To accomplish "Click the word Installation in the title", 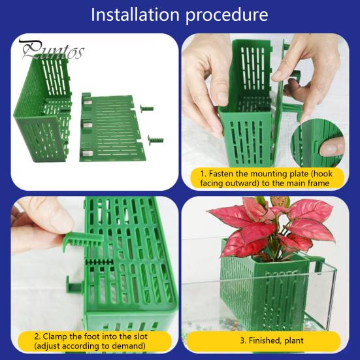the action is tap(135, 14).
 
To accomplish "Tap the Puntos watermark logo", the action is tap(52, 50).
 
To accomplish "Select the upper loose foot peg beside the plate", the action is tap(147, 108).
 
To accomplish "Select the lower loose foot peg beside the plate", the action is tap(155, 139).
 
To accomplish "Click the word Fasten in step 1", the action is tap(221, 174).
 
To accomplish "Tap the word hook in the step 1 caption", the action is tap(323, 174).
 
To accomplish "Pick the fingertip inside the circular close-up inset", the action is tap(330, 146).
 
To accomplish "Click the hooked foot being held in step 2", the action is tap(83, 240).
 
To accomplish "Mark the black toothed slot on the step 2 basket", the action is tap(99, 262).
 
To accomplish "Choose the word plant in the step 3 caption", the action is tap(294, 340).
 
